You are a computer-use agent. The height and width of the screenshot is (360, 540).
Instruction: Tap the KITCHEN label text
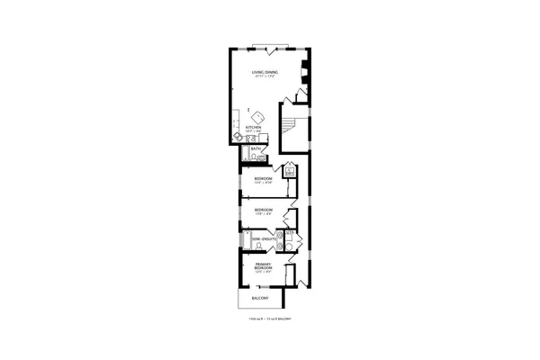pos(254,127)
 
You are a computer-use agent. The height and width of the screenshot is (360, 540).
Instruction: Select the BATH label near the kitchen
pos(256,148)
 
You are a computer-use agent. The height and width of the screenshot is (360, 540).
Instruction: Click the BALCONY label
pos(258,298)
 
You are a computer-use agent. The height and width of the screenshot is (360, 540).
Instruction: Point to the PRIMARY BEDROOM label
pos(264,266)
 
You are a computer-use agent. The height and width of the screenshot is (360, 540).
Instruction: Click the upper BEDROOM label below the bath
pos(263,179)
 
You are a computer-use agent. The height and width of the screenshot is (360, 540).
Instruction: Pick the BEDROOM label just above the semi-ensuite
pos(263,210)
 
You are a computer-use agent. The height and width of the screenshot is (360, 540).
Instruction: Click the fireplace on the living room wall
pos(304,77)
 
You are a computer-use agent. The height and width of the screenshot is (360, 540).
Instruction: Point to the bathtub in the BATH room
pos(245,157)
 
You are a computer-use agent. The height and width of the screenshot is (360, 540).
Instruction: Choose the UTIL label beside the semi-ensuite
pos(289,233)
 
